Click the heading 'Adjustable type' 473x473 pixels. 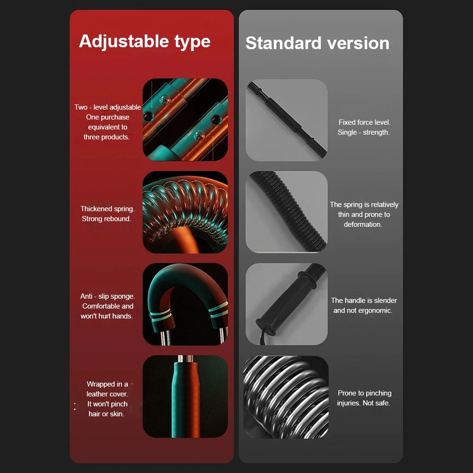click(145, 42)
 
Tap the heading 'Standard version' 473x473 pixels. click(317, 43)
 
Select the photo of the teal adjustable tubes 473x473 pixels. click(185, 120)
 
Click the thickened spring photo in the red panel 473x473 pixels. click(185, 212)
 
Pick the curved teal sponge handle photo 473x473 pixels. click(185, 304)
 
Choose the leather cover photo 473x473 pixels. click(185, 396)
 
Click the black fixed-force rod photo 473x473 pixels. click(286, 120)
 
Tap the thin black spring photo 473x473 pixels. click(286, 212)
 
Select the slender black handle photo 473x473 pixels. click(286, 304)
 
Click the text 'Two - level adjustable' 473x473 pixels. click(108, 107)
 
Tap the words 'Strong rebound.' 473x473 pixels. click(106, 219)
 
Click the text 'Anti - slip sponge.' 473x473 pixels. click(108, 296)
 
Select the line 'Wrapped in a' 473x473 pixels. click(107, 384)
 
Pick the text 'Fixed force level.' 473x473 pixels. click(364, 122)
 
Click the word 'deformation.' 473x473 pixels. click(363, 224)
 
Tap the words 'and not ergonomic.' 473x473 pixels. click(363, 310)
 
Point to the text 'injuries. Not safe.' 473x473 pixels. click(363, 403)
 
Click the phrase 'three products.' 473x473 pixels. click(106, 137)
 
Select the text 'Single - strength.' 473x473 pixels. click(363, 132)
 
